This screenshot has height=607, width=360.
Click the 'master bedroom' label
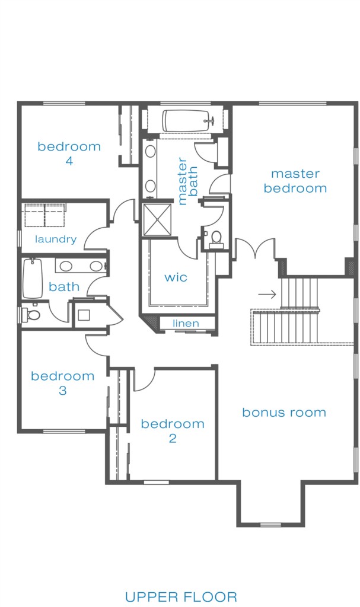click(x=295, y=181)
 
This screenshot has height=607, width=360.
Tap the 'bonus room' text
click(x=284, y=413)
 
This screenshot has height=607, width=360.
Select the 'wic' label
click(x=176, y=277)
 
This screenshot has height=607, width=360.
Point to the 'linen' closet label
click(x=186, y=323)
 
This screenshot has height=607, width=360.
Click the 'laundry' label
click(x=56, y=239)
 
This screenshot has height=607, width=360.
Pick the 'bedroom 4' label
click(x=69, y=154)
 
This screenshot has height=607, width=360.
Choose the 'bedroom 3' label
click(x=63, y=383)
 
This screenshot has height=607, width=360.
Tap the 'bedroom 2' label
click(x=173, y=431)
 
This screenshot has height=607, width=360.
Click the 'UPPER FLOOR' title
click(x=181, y=596)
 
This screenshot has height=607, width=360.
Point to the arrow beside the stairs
click(x=267, y=294)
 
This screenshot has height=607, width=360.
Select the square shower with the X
click(x=157, y=219)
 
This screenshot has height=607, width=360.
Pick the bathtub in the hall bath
click(x=33, y=279)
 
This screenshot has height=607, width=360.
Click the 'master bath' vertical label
click(x=188, y=181)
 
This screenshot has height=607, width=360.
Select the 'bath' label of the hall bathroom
click(x=64, y=287)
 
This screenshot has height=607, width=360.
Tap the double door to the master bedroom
click(x=254, y=248)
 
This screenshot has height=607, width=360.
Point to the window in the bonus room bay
click(x=270, y=525)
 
